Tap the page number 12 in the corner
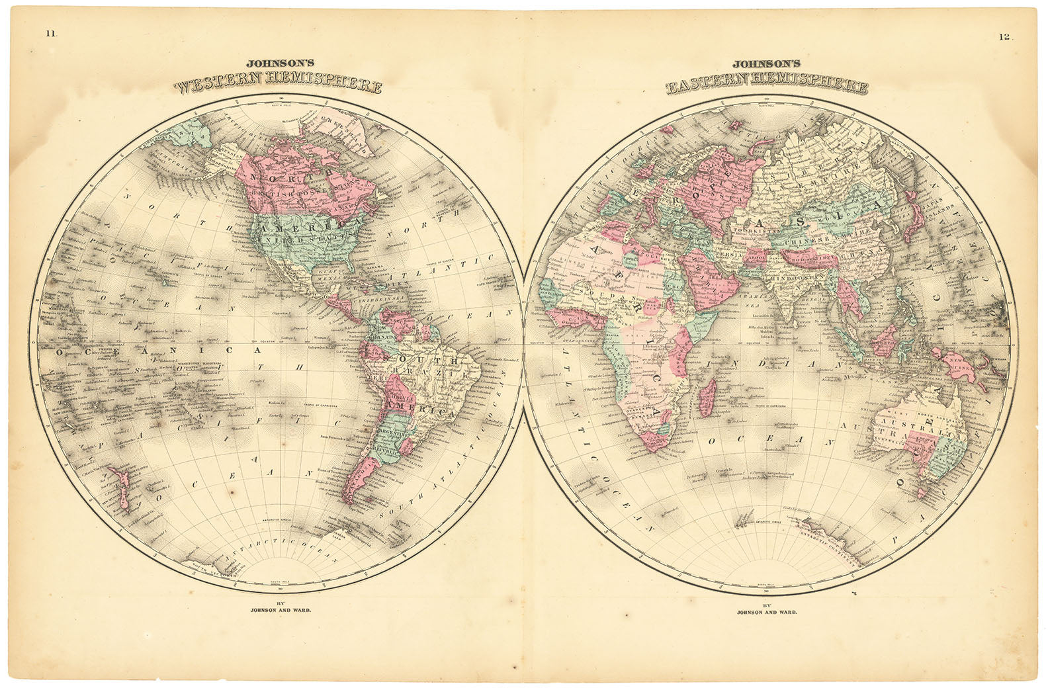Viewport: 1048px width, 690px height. pos(1004,37)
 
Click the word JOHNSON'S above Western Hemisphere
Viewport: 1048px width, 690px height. pos(276,64)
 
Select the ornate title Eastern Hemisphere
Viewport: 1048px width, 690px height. pos(767,86)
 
